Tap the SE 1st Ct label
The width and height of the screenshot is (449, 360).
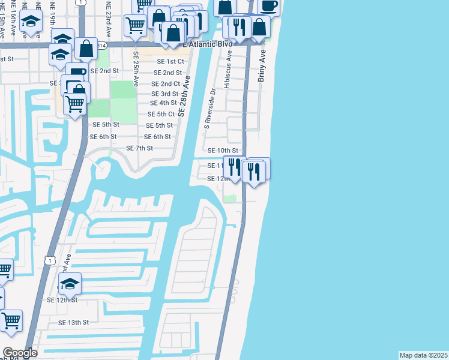click(170, 61)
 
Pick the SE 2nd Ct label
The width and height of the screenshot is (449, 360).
click(166, 84)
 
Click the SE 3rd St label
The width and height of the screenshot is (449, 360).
click(164, 94)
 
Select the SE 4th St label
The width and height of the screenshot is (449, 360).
click(163, 103)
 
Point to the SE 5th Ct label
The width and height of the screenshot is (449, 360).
click(161, 114)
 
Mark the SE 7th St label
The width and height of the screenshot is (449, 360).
click(140, 148)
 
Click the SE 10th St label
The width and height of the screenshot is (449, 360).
click(223, 151)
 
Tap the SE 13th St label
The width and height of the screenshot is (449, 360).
click(73, 322)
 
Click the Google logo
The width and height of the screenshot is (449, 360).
click(20, 353)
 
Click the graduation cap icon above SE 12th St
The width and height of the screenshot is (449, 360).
click(70, 283)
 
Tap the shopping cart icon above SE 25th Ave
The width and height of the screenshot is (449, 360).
click(136, 25)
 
